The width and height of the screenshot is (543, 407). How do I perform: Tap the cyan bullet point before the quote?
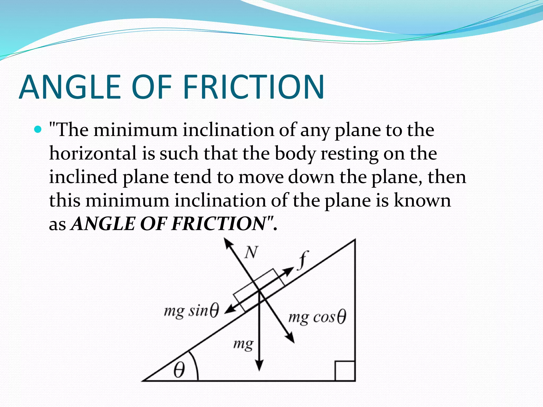(x=38, y=130)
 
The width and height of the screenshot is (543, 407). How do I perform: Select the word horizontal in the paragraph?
(x=93, y=154)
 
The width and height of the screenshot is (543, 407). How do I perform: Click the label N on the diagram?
(x=251, y=252)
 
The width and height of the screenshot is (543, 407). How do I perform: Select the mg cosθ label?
(x=317, y=317)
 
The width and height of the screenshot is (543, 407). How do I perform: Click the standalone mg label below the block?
(x=243, y=344)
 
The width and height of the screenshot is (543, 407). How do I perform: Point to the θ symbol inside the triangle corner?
(x=179, y=370)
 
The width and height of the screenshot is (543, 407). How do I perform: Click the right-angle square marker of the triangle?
(x=345, y=371)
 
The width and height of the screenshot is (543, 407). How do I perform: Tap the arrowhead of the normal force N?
(x=227, y=242)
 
